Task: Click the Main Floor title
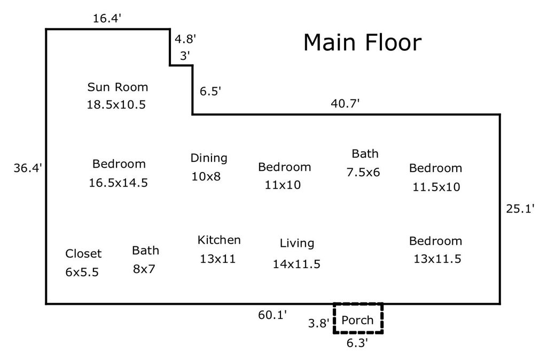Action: pyautogui.click(x=363, y=42)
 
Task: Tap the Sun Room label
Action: pyautogui.click(x=118, y=87)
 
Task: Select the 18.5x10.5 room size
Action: pyautogui.click(x=116, y=105)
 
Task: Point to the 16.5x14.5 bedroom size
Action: pyautogui.click(x=118, y=183)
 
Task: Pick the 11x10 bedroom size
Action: pyautogui.click(x=283, y=185)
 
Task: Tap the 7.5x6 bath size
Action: pyautogui.click(x=363, y=173)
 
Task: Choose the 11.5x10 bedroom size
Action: pyautogui.click(x=436, y=187)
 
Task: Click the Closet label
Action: pyautogui.click(x=83, y=254)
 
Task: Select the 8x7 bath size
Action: pyautogui.click(x=144, y=269)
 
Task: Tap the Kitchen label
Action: pyautogui.click(x=219, y=240)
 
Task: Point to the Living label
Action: pyautogui.click(x=297, y=244)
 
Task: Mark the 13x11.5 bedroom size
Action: pyautogui.click(x=437, y=259)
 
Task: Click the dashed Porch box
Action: pyautogui.click(x=358, y=303)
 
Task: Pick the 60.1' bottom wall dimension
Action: pyautogui.click(x=272, y=315)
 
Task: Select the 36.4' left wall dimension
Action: pyautogui.click(x=28, y=168)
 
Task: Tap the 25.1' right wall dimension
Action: pyautogui.click(x=520, y=209)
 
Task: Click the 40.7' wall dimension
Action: pyautogui.click(x=345, y=104)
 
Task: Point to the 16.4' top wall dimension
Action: pyautogui.click(x=107, y=19)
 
